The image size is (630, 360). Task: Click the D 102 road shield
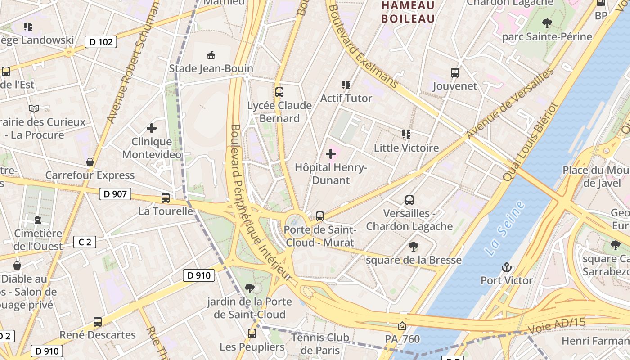tap(101, 42)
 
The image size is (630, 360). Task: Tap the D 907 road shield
tap(115, 194)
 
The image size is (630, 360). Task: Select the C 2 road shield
tap(85, 242)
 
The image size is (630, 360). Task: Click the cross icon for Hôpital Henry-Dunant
tap(331, 154)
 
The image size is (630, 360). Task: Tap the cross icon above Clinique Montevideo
tap(152, 128)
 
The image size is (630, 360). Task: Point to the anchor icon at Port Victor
tap(507, 267)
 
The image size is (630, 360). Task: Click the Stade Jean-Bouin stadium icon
tap(211, 55)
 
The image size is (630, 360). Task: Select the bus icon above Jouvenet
tap(455, 73)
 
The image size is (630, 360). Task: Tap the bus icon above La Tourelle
tap(166, 198)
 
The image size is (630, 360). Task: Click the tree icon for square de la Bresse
tap(414, 247)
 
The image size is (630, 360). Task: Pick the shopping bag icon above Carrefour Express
tap(90, 162)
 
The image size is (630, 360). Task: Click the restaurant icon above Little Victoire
tap(406, 135)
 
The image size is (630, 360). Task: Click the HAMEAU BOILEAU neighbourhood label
tap(408, 12)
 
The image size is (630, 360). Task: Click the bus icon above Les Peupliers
tap(252, 333)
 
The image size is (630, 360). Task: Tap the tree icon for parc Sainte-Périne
tap(547, 23)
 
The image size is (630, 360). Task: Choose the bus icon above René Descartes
tap(98, 322)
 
